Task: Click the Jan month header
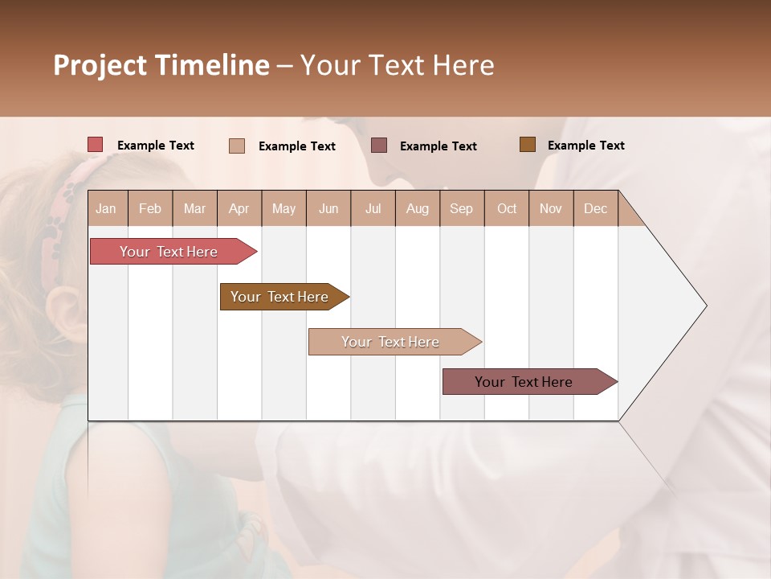click(106, 208)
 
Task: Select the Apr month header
click(239, 208)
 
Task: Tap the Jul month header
click(373, 208)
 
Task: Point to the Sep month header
click(461, 208)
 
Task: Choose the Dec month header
click(595, 208)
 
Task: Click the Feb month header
click(150, 208)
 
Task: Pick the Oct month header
click(507, 208)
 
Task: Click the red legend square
click(96, 145)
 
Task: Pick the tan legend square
click(237, 146)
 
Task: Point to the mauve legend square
click(379, 145)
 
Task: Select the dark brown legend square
click(527, 145)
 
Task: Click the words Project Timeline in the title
click(161, 65)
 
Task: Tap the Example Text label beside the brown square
click(585, 146)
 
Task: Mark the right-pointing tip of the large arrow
click(705, 306)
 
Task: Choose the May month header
click(284, 208)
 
